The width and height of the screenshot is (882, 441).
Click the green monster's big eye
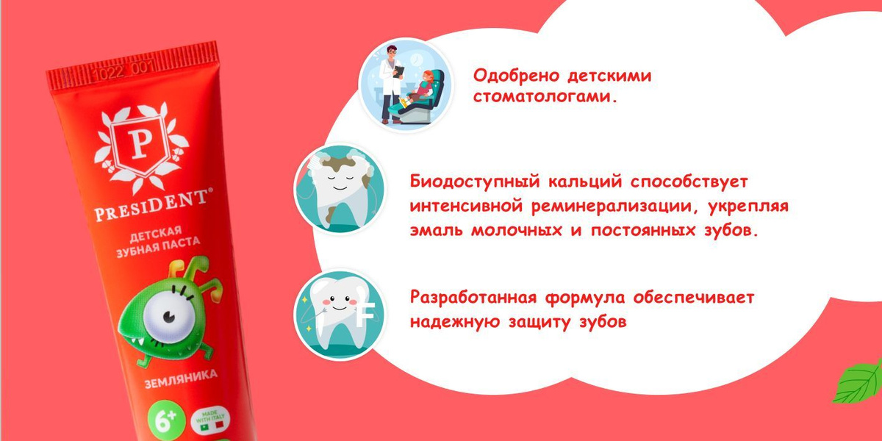point(165,318)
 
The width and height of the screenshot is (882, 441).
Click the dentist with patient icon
point(406,85)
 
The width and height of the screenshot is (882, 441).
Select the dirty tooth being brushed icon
point(340,189)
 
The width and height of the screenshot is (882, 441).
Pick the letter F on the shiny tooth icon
point(365,316)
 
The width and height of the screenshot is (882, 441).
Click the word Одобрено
point(515,75)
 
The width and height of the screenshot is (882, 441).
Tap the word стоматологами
point(545,96)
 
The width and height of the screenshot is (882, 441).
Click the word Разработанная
point(473,298)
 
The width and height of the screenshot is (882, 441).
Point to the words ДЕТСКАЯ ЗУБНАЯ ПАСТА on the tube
point(158,242)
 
